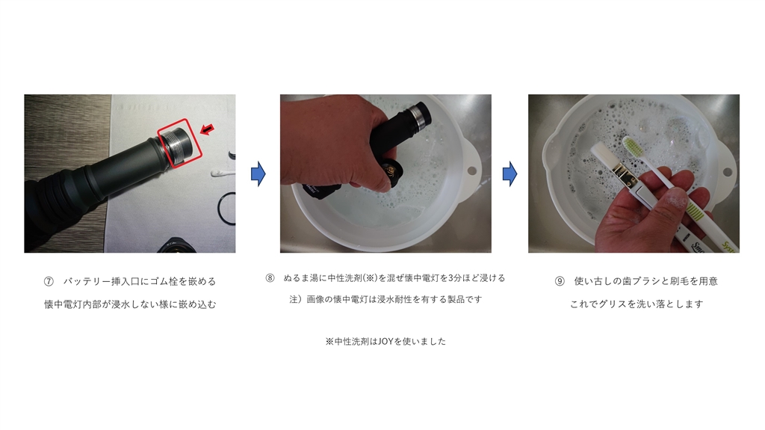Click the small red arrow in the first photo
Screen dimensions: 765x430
[x=208, y=129]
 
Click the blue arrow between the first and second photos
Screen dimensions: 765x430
[x=258, y=173]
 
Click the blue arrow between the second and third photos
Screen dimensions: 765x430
[x=510, y=173]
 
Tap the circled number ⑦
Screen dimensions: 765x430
[x=49, y=281]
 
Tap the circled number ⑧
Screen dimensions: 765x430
[x=270, y=278]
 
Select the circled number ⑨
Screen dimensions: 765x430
[x=560, y=281]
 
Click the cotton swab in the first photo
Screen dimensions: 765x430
[x=223, y=172]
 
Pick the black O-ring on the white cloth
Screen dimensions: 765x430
[x=227, y=209]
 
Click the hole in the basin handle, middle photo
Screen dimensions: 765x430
[x=471, y=171]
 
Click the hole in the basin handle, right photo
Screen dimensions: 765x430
[x=727, y=172]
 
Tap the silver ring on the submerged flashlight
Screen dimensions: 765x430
[x=416, y=117]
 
